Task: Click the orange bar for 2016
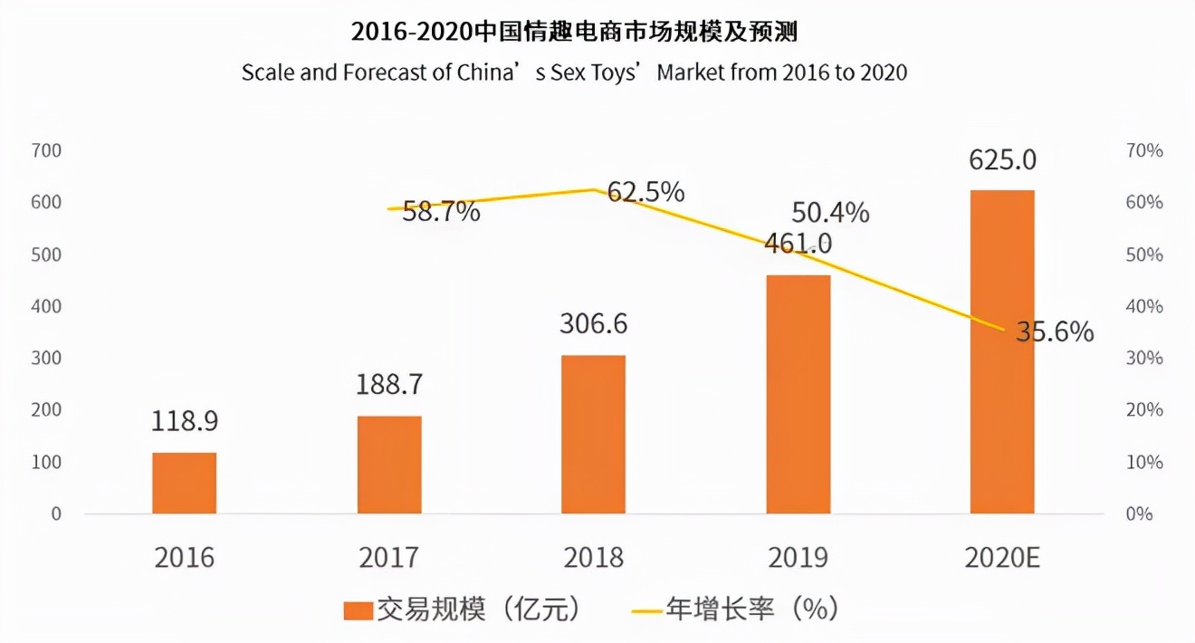tap(184, 483)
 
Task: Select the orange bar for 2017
tap(389, 465)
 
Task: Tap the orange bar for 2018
tap(593, 435)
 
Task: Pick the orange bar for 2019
tap(798, 394)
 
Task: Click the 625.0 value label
tap(1002, 160)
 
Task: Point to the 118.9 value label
tap(185, 422)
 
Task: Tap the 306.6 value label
tap(594, 323)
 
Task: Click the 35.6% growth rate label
tap(1055, 332)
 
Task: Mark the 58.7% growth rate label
tap(442, 213)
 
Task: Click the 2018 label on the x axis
tap(594, 557)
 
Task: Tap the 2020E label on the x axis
tap(1002, 557)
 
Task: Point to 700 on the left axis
tap(45, 150)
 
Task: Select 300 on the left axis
tap(45, 358)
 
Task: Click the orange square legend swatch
tap(358, 610)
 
